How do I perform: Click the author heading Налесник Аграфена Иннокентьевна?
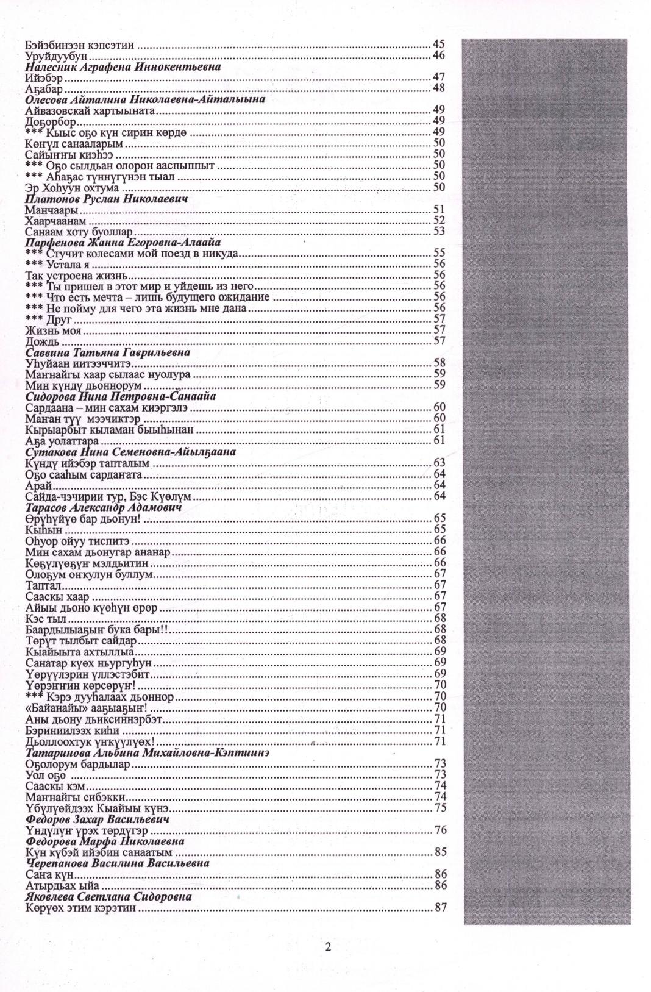(123, 66)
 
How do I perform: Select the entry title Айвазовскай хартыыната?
(92, 110)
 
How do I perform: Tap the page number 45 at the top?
(439, 45)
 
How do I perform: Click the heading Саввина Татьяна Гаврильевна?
(107, 352)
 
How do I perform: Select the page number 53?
(439, 232)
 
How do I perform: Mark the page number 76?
(439, 830)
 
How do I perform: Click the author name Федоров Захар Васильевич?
(98, 819)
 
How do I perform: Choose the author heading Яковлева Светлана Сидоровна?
(108, 897)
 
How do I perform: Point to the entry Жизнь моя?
(54, 330)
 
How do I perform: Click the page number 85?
(439, 852)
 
